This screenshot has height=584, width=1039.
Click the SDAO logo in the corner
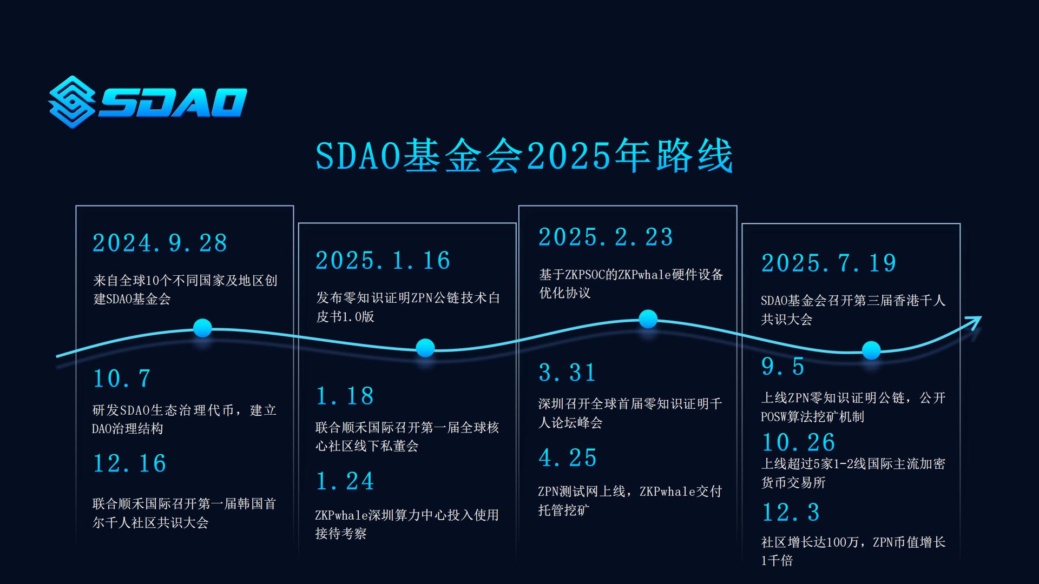[x=148, y=102]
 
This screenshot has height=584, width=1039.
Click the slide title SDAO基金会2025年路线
[x=524, y=156]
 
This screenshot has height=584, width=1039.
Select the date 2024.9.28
[x=160, y=243]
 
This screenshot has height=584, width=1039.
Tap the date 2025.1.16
[x=383, y=261]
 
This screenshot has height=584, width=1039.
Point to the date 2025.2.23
[x=606, y=237]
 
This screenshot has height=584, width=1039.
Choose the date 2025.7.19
[x=828, y=263]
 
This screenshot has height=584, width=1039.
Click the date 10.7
[x=122, y=379]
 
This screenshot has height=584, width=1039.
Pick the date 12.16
[x=130, y=463]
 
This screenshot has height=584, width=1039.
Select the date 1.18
[x=345, y=396]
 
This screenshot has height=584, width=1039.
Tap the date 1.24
[x=345, y=481]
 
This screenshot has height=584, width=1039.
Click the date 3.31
[x=568, y=373]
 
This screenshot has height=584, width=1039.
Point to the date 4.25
[x=568, y=457]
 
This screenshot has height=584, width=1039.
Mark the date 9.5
[x=783, y=367]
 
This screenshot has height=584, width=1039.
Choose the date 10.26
[x=799, y=442]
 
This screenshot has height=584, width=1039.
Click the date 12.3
[x=791, y=513]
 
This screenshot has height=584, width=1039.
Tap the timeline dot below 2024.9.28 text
[x=202, y=328]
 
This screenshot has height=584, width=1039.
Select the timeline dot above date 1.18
[x=425, y=348]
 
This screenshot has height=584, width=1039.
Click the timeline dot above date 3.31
[x=648, y=319]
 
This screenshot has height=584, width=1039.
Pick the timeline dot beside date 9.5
[x=871, y=350]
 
